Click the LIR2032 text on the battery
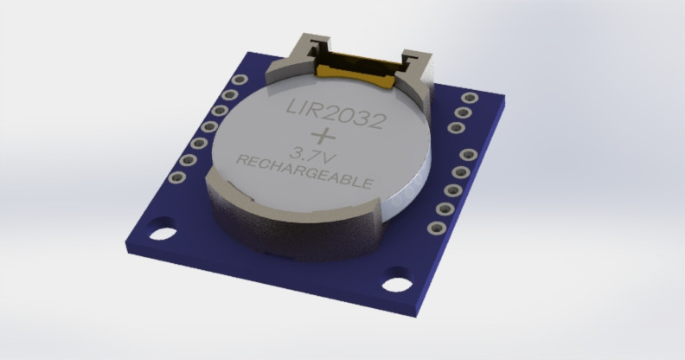(335, 112)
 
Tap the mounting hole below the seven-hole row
(162, 232)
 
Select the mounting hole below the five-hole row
(396, 283)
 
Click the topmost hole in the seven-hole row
(240, 80)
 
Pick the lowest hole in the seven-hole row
(177, 177)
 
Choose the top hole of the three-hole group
(470, 98)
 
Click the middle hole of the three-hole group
(464, 112)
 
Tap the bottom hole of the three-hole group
(457, 128)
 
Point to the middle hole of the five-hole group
(452, 190)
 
